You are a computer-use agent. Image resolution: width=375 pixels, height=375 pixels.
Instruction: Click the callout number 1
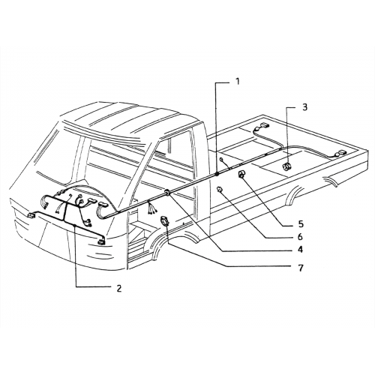[238, 81]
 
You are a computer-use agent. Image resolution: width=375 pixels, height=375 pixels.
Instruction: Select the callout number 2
[119, 288]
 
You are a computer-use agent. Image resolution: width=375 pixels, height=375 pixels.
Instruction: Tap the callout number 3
[305, 107]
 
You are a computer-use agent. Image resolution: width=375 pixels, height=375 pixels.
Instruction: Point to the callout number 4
[300, 249]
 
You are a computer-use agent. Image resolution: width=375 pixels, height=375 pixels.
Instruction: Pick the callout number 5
[301, 224]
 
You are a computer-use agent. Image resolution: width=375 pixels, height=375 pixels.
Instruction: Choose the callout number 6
[300, 236]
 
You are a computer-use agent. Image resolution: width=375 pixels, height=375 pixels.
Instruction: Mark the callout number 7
[301, 268]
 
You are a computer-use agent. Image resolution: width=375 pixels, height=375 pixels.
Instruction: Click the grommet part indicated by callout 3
[287, 166]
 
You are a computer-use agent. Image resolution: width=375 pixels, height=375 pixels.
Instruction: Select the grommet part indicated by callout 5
[242, 174]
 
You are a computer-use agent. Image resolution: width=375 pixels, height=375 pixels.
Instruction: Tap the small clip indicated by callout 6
[220, 189]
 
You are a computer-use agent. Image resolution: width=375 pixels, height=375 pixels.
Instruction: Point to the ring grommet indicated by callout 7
[164, 221]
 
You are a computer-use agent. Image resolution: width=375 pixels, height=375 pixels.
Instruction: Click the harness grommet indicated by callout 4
[166, 193]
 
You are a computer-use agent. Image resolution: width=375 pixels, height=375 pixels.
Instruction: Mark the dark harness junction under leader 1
[217, 174]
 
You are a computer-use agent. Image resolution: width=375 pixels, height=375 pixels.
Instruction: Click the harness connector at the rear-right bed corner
[340, 154]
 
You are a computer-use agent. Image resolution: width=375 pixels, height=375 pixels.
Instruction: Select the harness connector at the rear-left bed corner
[263, 125]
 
